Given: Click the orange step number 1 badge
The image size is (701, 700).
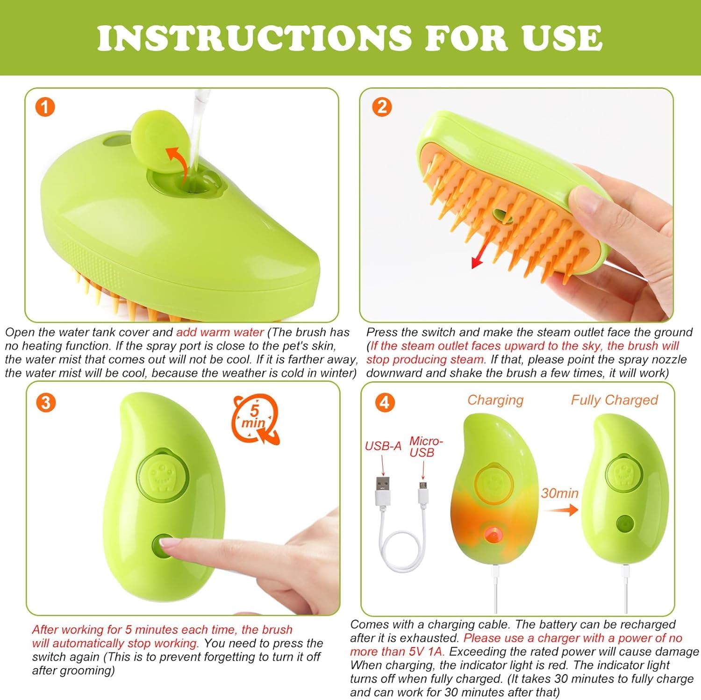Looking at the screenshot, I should point(45,107).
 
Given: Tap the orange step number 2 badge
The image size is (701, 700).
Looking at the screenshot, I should point(382,107).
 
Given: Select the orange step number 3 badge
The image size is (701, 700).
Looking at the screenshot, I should point(45,402).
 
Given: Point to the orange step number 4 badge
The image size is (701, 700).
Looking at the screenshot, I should point(384,402).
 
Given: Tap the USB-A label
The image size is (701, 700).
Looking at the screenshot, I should point(383,446).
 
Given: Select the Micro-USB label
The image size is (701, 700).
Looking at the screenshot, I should point(425,447).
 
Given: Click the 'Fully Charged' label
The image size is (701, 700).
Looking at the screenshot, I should point(614,400).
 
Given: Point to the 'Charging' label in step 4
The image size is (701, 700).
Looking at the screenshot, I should point(495,400).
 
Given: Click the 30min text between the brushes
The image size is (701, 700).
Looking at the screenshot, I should point(559,493).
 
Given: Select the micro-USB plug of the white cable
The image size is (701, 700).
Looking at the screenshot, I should point(422,493).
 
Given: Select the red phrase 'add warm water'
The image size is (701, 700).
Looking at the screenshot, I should point(220,332).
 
